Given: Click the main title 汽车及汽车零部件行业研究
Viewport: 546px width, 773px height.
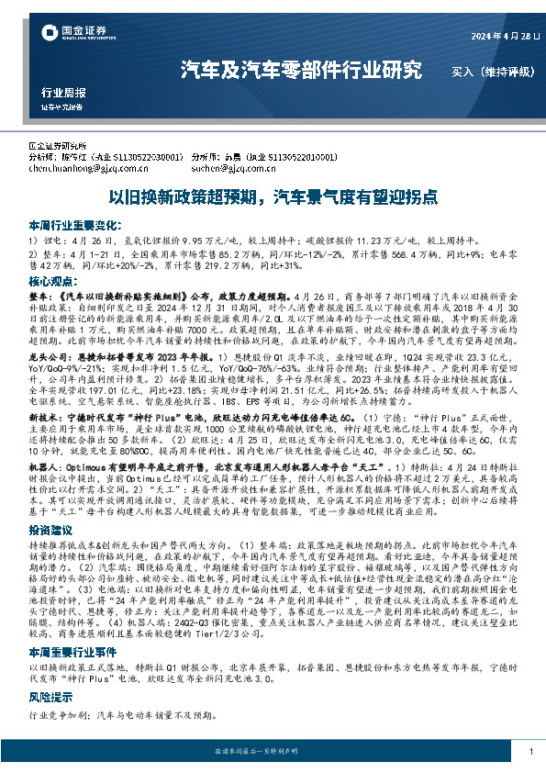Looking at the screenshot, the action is coord(302,70).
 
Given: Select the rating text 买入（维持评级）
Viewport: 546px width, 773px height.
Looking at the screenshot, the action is coord(485,70).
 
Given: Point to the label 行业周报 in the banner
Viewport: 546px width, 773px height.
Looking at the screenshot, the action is coord(64,93).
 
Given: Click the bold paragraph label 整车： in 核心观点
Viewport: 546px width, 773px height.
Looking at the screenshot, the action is coord(41,297).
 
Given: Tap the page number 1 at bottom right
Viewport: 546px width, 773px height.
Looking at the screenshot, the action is coord(531,752).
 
